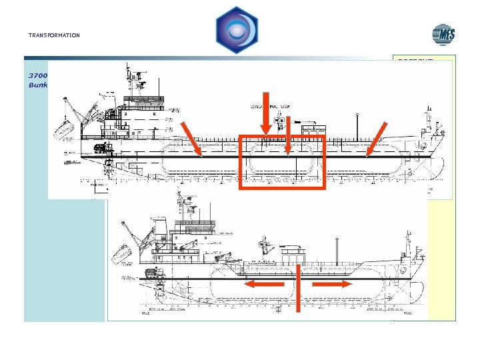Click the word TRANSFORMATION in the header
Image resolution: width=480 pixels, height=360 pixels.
tap(54, 35)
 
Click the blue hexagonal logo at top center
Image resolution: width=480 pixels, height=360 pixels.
tap(237, 30)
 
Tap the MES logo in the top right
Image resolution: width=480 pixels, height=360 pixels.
tap(443, 35)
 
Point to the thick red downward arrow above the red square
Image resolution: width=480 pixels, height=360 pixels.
tap(265, 114)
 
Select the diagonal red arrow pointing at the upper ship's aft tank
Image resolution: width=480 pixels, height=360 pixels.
tap(192, 141)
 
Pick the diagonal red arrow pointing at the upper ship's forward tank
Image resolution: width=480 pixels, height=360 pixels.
tap(375, 141)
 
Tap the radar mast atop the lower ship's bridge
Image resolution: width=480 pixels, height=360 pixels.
tap(181, 200)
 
